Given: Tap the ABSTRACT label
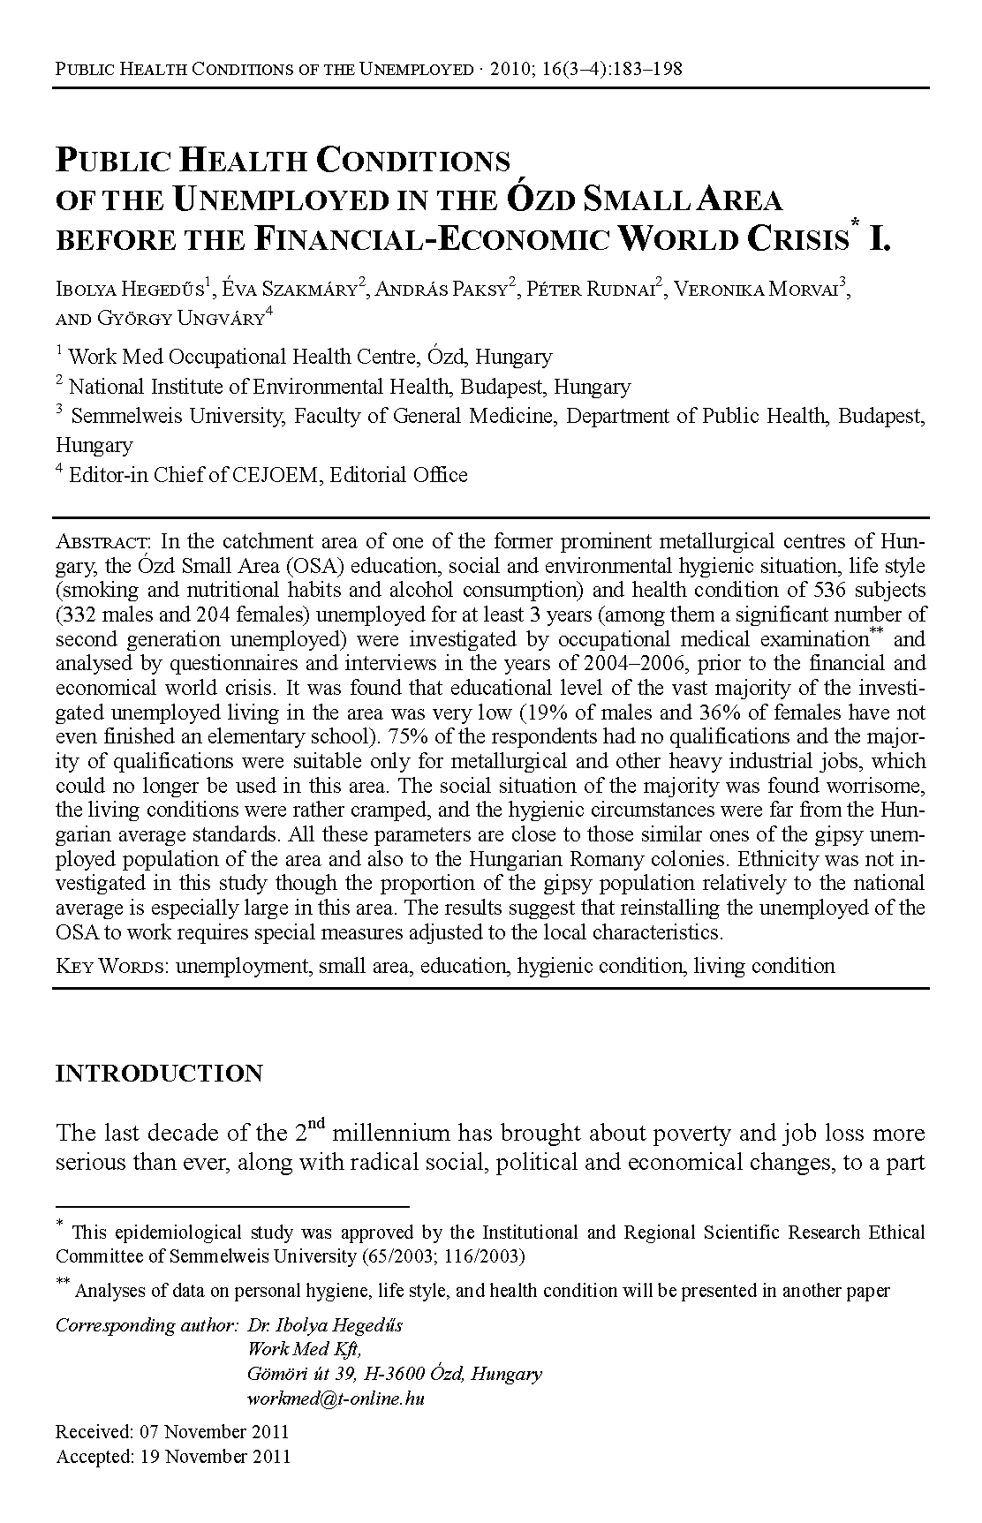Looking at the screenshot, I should [x=104, y=541].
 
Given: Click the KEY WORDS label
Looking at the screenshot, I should [x=112, y=966].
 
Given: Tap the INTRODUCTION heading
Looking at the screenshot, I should [x=159, y=1074].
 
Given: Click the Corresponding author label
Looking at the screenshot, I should [x=147, y=1325].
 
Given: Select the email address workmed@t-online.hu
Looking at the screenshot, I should [x=336, y=1399].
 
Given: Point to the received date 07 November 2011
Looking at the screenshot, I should [x=213, y=1432].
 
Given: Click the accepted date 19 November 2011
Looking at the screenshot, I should [x=215, y=1457].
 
